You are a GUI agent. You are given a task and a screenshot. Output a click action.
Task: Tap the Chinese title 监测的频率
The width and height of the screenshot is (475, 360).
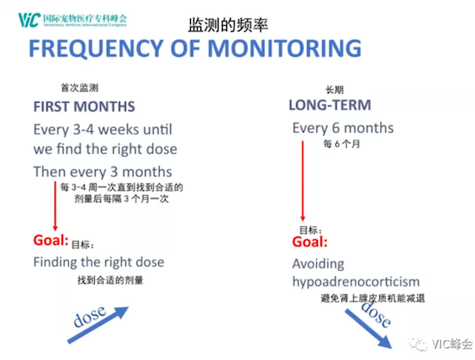228,25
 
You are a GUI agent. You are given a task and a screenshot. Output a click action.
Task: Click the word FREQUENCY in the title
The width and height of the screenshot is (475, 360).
96,48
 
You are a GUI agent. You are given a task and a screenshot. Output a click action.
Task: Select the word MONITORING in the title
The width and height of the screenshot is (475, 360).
284,48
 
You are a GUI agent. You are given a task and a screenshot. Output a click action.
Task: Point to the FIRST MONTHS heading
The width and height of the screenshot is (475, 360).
84,106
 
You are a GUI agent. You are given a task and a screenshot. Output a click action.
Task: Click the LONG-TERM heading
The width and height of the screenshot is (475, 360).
330,105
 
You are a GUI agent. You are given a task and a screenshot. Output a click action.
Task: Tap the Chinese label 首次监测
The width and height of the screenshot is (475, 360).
79,88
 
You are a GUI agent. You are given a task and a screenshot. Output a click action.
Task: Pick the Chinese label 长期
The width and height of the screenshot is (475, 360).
334,90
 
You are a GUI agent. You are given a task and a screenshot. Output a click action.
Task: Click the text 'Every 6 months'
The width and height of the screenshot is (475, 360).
343,128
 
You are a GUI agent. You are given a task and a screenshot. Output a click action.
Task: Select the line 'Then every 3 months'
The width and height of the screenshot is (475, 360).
103,172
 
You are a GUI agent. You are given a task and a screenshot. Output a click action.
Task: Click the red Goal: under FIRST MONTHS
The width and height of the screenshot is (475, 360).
51,240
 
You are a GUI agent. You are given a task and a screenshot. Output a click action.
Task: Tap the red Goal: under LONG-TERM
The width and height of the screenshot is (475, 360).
310,242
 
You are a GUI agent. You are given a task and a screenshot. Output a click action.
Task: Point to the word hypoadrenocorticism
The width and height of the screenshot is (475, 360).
356,282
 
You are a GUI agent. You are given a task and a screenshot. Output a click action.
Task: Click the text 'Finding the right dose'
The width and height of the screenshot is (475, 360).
98,262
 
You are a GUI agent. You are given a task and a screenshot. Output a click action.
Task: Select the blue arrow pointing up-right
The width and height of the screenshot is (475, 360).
98,325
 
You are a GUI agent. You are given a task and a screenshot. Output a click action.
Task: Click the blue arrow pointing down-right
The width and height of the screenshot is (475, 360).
369,329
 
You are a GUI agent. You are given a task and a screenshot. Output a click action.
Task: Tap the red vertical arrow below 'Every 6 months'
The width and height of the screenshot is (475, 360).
302,180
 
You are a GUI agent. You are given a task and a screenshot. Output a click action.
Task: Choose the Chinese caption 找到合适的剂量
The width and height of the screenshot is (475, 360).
111,280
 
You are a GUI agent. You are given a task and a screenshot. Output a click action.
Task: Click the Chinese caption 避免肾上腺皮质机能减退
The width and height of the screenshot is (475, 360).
372,298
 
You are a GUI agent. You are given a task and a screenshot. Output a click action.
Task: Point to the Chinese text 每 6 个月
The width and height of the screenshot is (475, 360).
342,144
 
